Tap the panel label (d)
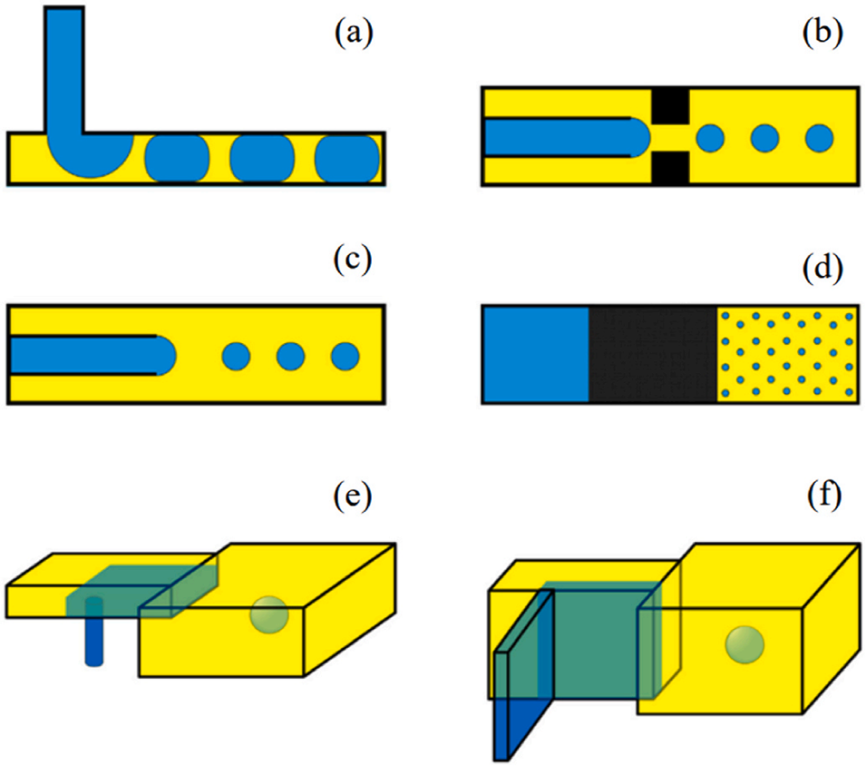(x=823, y=270)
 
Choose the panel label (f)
(x=823, y=497)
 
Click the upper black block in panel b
(x=670, y=104)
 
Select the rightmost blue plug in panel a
(x=347, y=158)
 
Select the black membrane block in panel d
(x=653, y=353)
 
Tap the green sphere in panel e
(x=269, y=614)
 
